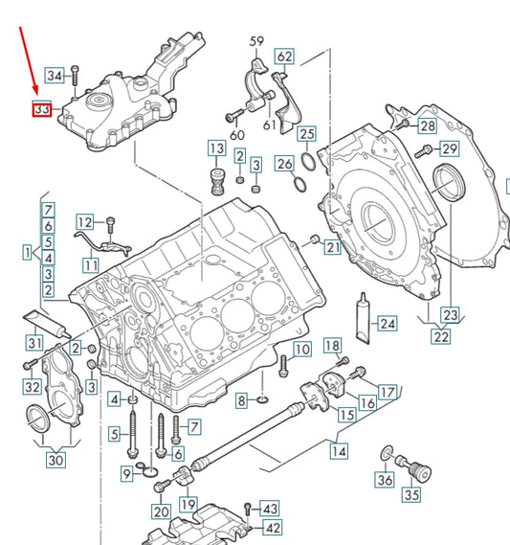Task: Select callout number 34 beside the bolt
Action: point(55,75)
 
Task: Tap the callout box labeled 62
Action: point(284,57)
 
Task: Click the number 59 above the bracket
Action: point(255,42)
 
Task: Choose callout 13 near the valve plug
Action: point(217,148)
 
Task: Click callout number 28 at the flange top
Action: point(427,125)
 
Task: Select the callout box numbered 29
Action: point(449,148)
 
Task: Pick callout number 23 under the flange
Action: point(450,314)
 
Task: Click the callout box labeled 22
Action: point(440,335)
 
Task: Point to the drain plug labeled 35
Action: point(418,471)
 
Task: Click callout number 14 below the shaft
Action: point(339,448)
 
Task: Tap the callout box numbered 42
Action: point(272,527)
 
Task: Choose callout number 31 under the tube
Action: point(34,343)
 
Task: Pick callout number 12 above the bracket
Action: point(85,221)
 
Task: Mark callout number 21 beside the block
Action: point(332,248)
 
